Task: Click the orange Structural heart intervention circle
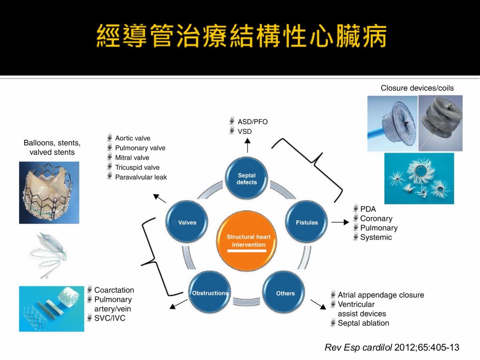(x=248, y=241)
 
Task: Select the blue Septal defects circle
(x=247, y=179)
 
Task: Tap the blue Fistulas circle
(x=307, y=223)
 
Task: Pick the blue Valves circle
(x=187, y=223)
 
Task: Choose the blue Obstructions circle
(x=210, y=293)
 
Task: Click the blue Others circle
(x=285, y=293)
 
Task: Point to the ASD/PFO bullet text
(x=252, y=122)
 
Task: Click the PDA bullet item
(x=367, y=209)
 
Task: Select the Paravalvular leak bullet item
(x=141, y=177)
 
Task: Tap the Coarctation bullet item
(x=114, y=290)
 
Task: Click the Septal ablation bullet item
(x=363, y=323)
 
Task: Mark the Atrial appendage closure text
(x=381, y=295)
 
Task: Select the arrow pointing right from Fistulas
(x=340, y=223)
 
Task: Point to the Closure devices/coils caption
(x=417, y=88)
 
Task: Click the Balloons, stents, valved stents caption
(x=52, y=147)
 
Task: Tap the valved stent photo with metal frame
(x=49, y=192)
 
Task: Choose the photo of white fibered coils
(x=419, y=178)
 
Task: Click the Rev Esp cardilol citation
(x=392, y=347)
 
